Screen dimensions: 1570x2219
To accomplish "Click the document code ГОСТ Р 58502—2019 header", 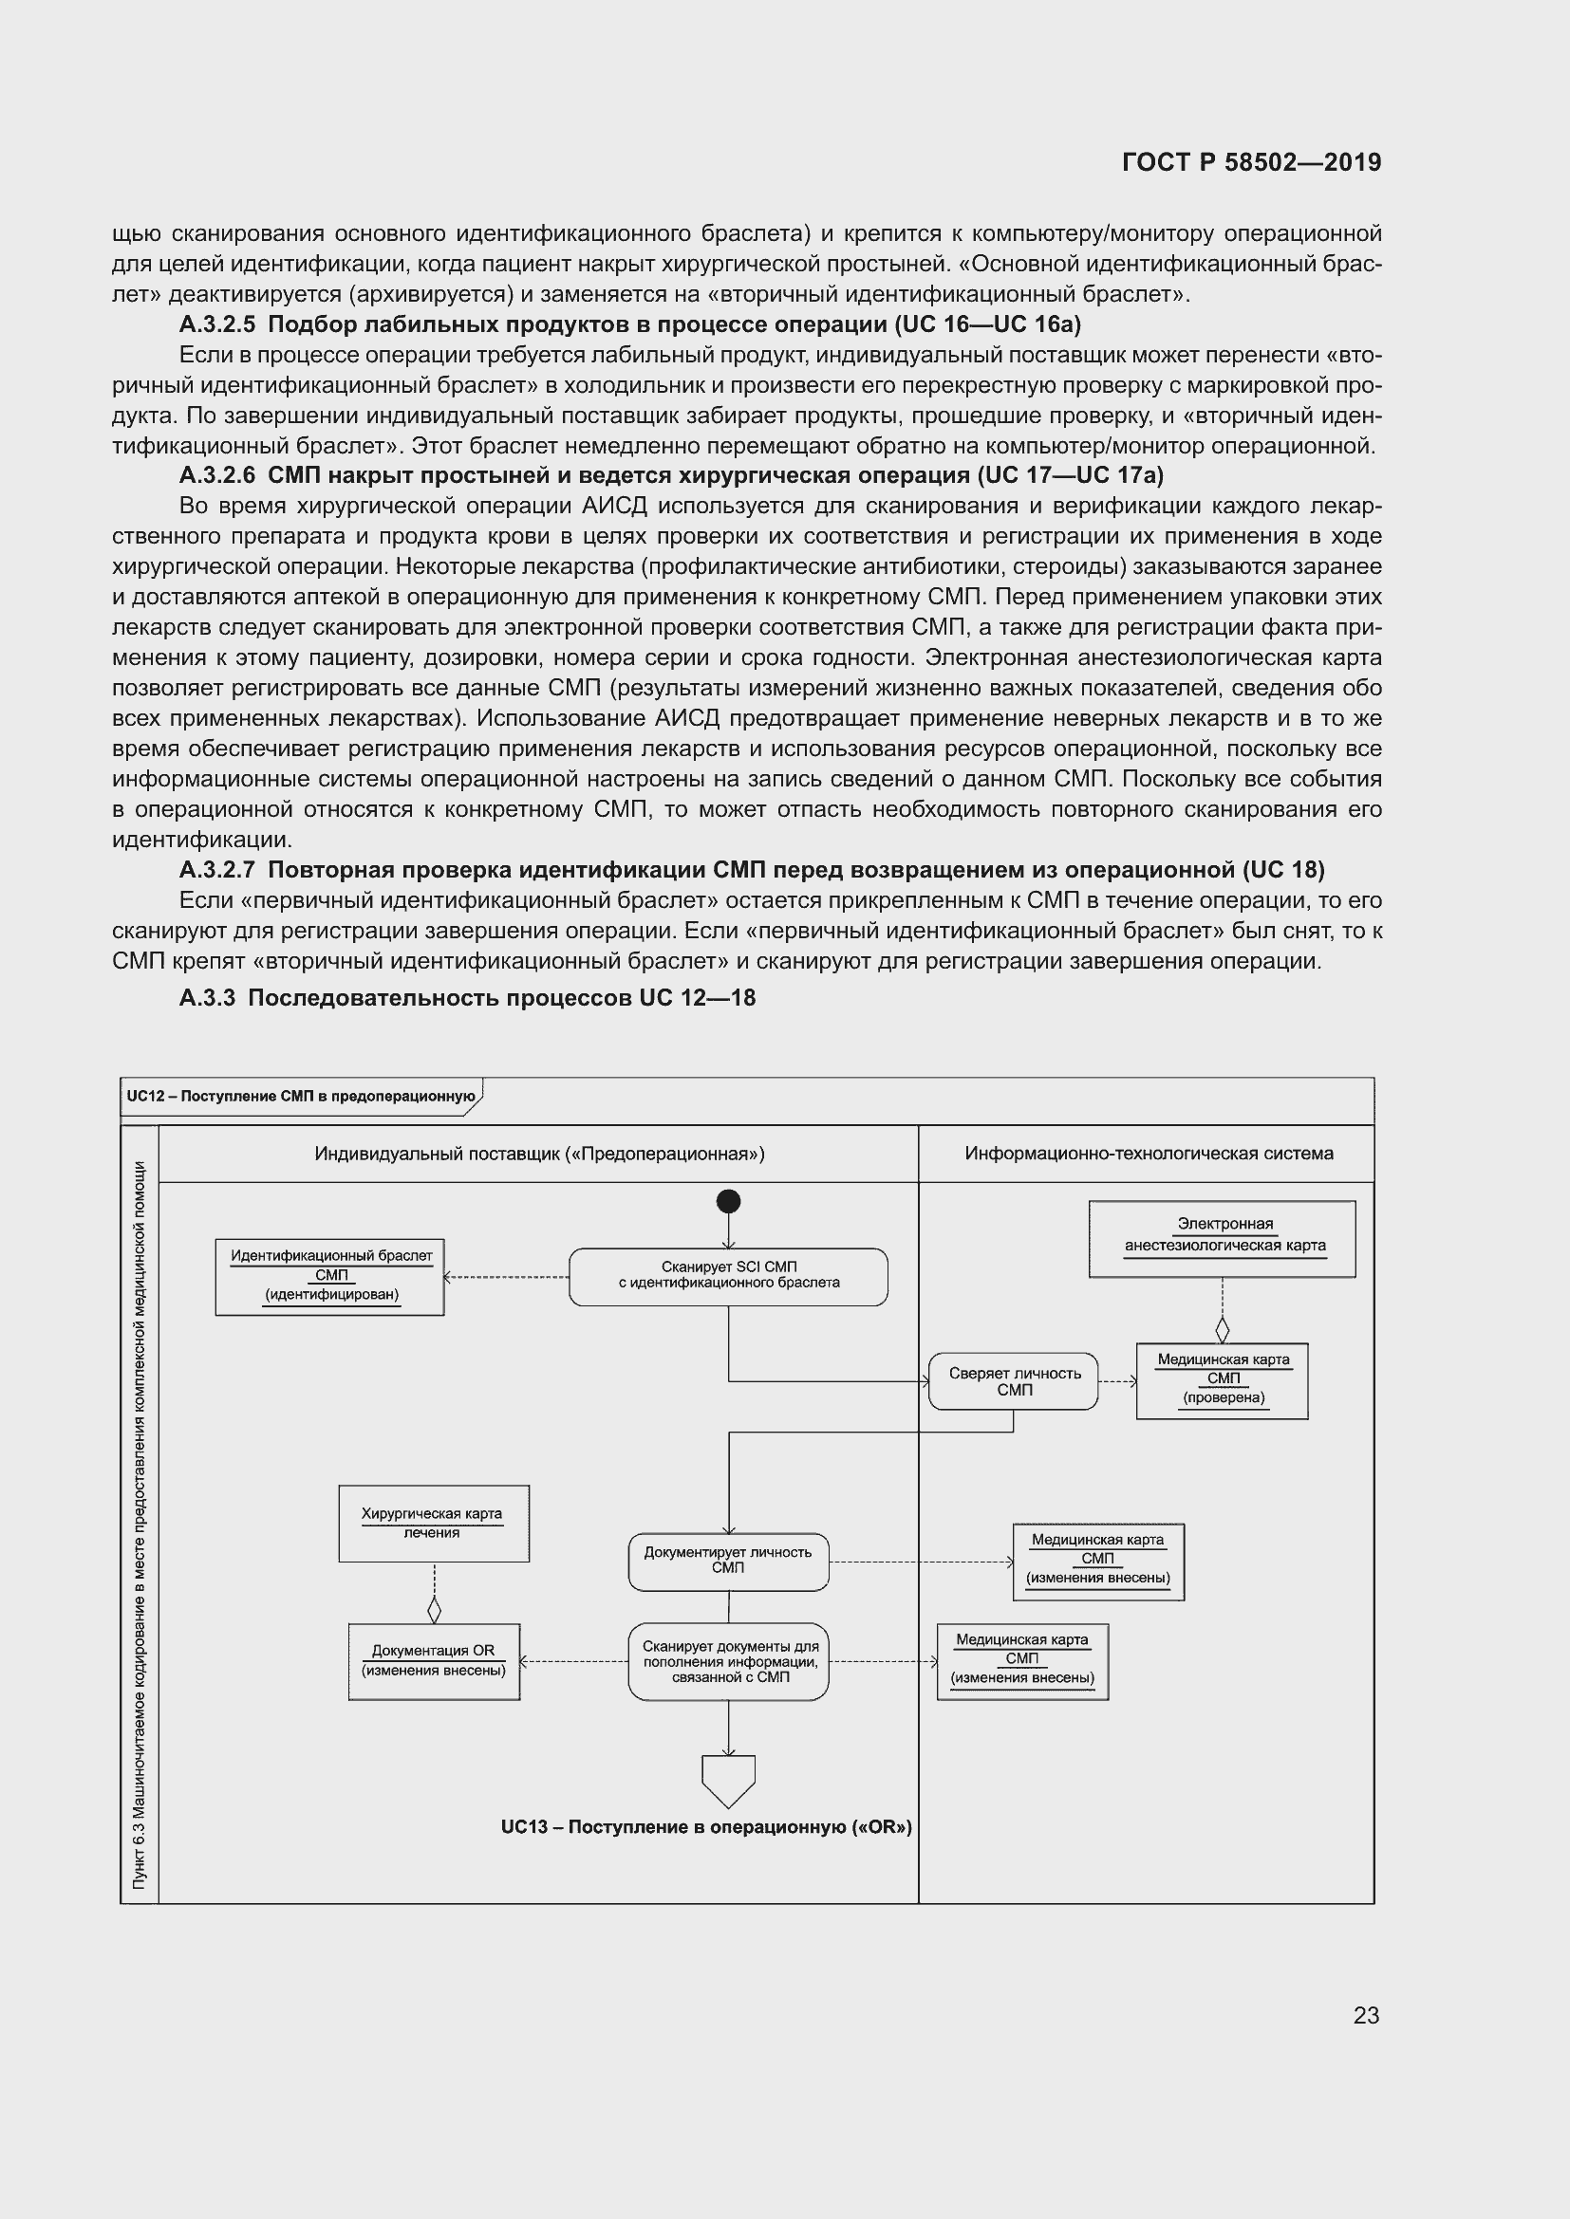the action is [x=1251, y=162].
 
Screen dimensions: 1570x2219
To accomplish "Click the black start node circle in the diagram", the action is [x=728, y=1201].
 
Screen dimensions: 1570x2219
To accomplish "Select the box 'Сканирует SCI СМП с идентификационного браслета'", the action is [x=728, y=1277].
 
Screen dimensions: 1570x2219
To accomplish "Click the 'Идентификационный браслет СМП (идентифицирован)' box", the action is [x=329, y=1277].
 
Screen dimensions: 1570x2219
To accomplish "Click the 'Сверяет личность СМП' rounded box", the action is [x=1012, y=1381].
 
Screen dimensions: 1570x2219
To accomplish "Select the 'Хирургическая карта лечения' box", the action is [x=433, y=1525].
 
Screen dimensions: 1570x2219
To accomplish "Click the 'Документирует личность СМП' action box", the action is [x=728, y=1561].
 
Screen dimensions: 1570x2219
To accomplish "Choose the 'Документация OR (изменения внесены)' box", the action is [x=433, y=1661].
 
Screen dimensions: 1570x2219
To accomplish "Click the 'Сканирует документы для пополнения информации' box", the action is [x=728, y=1661].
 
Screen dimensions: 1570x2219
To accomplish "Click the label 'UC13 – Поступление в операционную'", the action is [x=705, y=1827].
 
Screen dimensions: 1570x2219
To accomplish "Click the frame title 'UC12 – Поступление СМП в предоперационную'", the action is [x=301, y=1096].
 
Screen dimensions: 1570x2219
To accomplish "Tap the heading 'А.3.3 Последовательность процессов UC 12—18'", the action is [x=467, y=998].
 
